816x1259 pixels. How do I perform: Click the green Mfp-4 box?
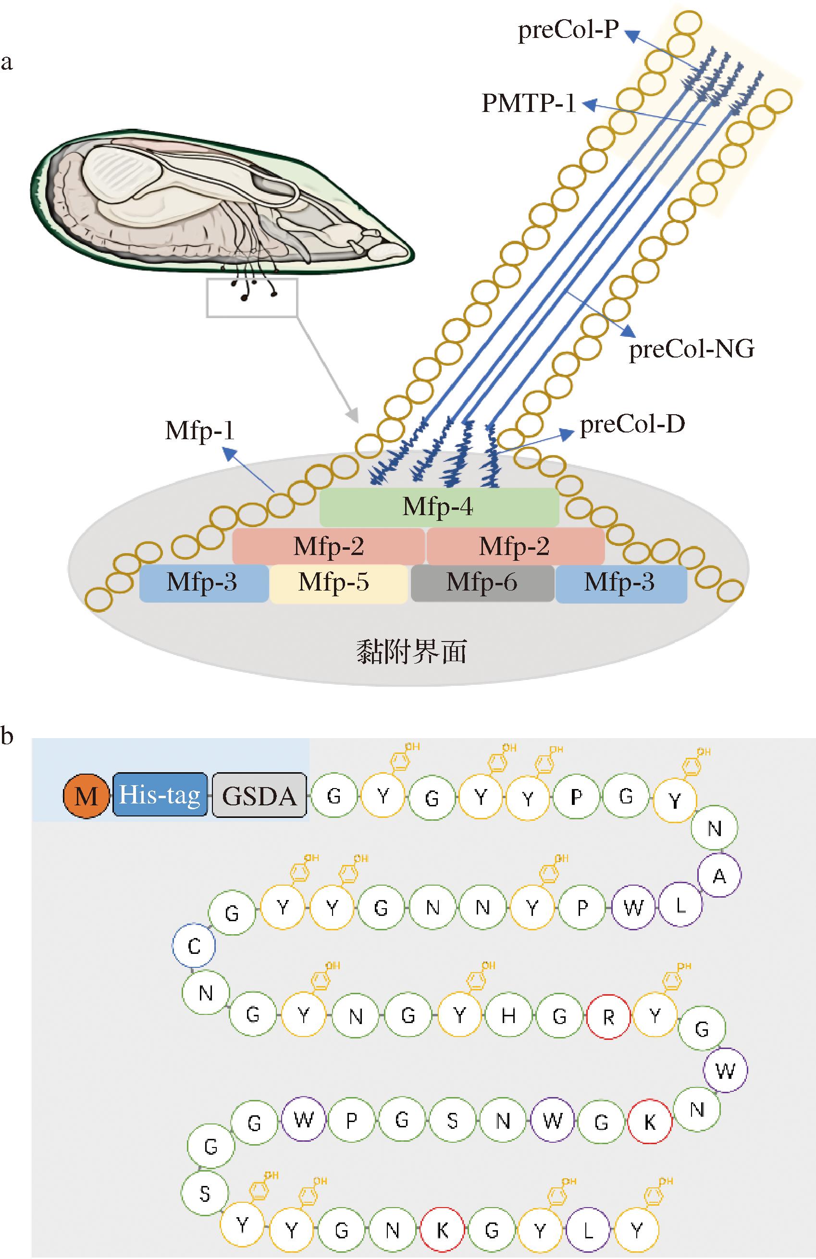439,507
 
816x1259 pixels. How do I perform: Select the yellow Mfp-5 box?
339,583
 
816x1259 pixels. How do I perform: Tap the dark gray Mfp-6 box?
482,583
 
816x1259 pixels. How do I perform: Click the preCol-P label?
568,30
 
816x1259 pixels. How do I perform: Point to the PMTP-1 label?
528,103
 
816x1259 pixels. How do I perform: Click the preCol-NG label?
691,350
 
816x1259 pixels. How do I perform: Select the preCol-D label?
632,425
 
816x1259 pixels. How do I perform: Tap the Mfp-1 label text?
199,431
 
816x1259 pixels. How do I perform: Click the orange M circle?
86,796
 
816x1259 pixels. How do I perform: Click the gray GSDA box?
260,796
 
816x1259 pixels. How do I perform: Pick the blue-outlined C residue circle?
194,945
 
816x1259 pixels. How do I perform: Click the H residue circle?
508,1016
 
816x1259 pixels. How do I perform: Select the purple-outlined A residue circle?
718,876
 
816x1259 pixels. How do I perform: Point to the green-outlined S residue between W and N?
452,1121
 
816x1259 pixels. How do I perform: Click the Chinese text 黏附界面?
411,652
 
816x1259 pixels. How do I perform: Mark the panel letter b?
7,736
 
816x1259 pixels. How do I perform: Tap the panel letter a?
6,63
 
